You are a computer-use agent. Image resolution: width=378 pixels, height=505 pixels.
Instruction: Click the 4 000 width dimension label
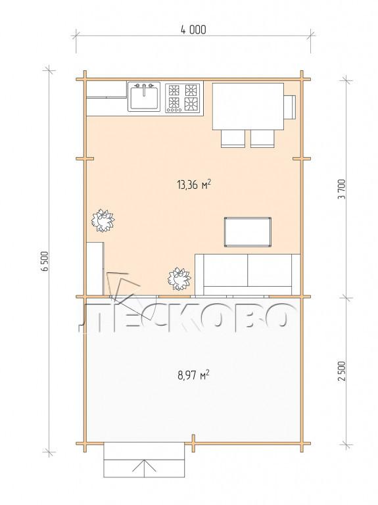(x=193, y=30)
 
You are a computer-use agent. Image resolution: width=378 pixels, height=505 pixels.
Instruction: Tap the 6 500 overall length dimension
(x=45, y=260)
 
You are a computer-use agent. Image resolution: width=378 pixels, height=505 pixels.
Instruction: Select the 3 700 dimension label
(x=342, y=189)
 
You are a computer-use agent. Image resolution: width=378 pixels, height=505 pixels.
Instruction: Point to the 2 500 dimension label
(x=342, y=371)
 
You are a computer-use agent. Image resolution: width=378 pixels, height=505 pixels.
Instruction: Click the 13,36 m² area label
(x=193, y=185)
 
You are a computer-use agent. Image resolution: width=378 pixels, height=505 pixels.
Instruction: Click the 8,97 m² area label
(x=193, y=375)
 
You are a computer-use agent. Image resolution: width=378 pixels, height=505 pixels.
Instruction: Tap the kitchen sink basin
(x=144, y=98)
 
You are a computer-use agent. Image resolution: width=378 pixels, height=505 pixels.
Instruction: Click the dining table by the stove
(x=248, y=107)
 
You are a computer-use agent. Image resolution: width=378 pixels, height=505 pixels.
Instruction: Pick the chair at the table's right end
(x=289, y=107)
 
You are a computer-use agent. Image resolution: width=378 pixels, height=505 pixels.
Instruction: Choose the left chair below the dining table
(x=233, y=139)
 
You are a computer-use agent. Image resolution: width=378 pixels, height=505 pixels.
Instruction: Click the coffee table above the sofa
(x=248, y=232)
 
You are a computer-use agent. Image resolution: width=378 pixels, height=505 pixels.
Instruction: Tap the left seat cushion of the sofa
(x=225, y=270)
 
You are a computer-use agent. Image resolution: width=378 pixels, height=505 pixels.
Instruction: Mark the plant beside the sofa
(x=179, y=279)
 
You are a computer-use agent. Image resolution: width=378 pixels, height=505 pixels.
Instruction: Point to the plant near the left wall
(x=103, y=221)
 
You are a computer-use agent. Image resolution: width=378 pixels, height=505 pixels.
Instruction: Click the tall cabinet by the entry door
(x=95, y=268)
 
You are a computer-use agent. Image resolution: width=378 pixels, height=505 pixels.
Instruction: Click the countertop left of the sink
(x=106, y=98)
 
